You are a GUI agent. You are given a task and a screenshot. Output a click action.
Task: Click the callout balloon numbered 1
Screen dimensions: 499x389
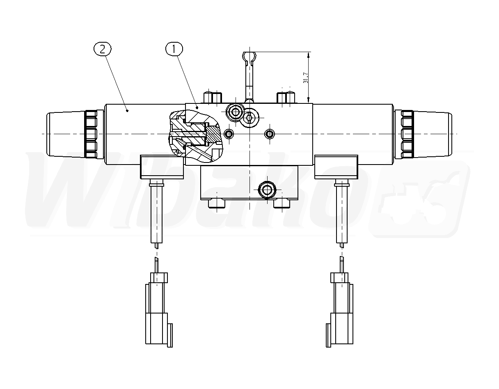(174, 49)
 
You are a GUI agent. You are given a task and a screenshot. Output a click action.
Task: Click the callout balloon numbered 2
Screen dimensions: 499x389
(103, 49)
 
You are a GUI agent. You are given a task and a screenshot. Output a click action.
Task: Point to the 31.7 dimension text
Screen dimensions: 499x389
(305, 78)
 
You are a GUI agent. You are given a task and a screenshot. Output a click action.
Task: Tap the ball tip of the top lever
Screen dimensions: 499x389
(249, 56)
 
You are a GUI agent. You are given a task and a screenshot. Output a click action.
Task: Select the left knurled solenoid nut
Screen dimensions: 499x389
(91, 134)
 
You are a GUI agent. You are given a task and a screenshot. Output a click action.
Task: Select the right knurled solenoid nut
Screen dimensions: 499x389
(407, 134)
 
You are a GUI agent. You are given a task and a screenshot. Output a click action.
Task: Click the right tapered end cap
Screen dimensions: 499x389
(433, 134)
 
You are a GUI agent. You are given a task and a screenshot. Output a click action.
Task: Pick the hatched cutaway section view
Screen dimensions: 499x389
(196, 136)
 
